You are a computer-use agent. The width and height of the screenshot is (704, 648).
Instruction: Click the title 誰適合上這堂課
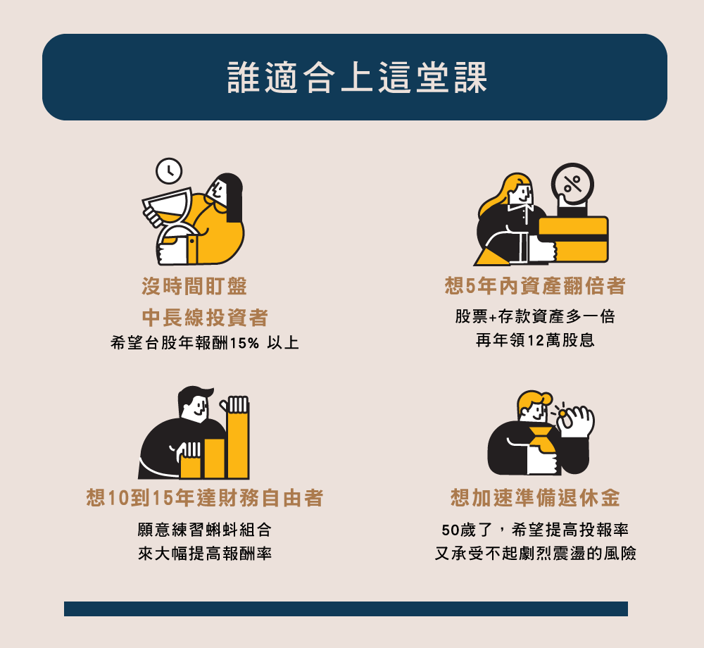(358, 77)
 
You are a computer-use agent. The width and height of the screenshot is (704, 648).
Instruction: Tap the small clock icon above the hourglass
(169, 171)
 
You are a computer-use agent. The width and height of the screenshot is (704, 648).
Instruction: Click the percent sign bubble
(572, 184)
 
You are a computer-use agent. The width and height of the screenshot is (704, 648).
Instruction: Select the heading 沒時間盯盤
(194, 286)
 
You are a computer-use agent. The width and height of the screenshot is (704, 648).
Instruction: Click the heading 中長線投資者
(205, 318)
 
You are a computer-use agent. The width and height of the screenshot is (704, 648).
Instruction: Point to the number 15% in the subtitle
(245, 344)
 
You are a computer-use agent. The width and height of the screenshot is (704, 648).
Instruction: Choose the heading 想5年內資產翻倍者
(535, 285)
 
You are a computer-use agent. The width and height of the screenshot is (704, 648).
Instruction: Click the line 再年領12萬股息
(535, 340)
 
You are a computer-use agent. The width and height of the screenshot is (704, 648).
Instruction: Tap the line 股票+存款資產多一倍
(535, 316)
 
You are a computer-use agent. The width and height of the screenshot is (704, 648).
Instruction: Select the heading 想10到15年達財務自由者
(205, 497)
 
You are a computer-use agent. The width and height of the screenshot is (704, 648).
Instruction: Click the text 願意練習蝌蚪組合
(205, 530)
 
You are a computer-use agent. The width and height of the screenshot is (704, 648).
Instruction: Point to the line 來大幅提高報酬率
(205, 553)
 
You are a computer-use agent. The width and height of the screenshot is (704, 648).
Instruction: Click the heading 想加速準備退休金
(535, 497)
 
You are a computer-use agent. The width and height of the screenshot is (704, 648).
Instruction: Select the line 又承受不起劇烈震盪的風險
(535, 553)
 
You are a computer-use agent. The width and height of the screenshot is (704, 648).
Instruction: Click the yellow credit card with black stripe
(573, 239)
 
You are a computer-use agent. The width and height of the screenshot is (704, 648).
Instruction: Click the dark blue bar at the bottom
(346, 609)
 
